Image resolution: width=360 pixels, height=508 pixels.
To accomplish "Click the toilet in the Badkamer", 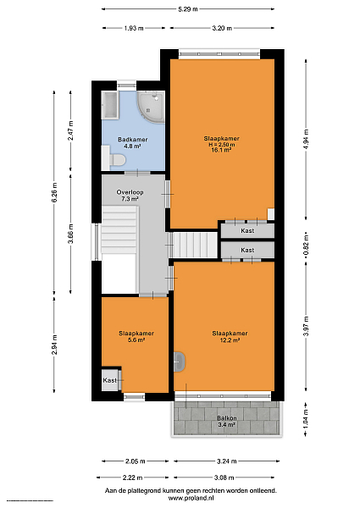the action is [117, 160].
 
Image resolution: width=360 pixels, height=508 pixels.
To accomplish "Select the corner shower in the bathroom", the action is [151, 106].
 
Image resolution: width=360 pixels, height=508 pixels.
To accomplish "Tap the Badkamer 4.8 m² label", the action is [132, 143].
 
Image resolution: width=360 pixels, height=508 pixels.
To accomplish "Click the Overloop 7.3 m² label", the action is [130, 196].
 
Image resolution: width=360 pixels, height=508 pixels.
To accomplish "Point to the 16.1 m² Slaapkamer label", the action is [222, 144].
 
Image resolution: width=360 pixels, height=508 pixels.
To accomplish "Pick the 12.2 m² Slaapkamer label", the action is [230, 337].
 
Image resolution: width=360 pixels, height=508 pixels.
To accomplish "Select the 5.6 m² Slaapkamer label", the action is [136, 337].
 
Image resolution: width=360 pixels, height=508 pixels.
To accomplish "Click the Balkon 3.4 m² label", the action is [226, 422].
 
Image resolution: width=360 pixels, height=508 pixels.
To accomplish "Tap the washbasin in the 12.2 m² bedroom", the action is [180, 362].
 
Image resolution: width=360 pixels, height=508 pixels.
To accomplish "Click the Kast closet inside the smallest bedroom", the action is [110, 380].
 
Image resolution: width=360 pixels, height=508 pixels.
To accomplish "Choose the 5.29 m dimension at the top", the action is [188, 9].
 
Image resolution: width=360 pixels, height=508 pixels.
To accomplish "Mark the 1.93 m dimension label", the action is [134, 28].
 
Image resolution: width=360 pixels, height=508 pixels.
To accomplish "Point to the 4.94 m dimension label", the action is [306, 139].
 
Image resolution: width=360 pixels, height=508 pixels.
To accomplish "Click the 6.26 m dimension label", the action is [54, 192].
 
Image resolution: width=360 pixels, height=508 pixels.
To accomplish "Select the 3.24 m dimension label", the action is [226, 461].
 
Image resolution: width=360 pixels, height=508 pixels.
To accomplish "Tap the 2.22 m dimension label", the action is [132, 478].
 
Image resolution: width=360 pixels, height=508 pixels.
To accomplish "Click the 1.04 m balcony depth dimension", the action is [306, 419].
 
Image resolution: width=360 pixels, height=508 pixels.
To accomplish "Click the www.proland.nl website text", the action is [191, 499].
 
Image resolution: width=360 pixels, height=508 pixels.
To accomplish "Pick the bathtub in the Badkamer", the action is [109, 105].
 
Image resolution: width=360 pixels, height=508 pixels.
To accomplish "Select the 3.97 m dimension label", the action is [306, 326].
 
